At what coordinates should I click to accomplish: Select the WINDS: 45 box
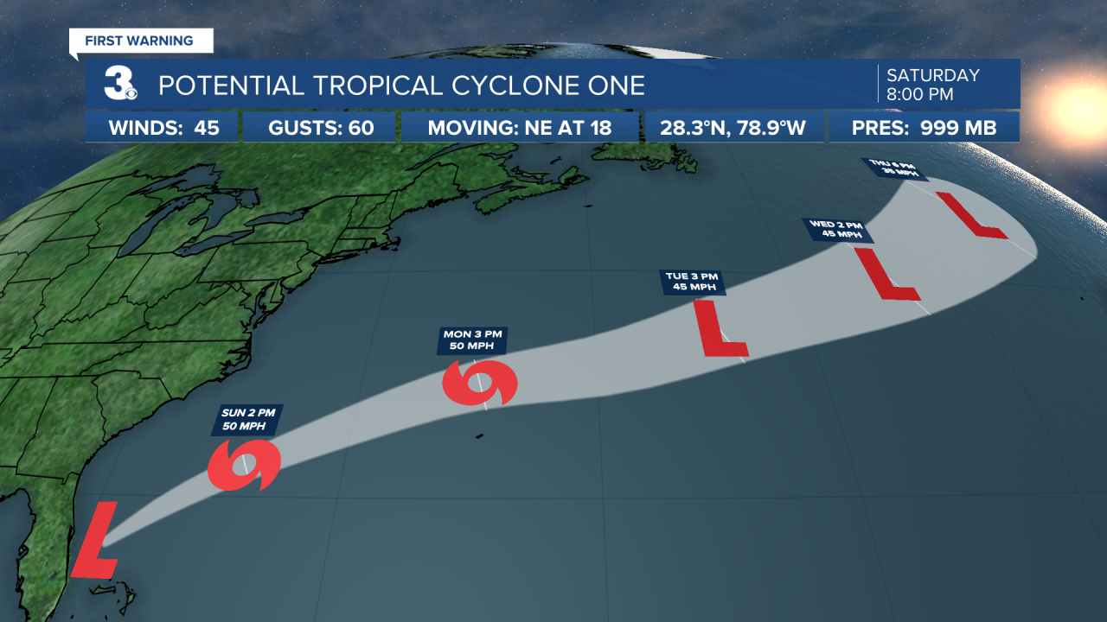pyautogui.click(x=163, y=129)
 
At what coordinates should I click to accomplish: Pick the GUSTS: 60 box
pyautogui.click(x=321, y=129)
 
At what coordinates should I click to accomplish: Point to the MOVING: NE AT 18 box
pyautogui.click(x=520, y=129)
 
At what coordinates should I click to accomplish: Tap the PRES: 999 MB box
pyautogui.click(x=924, y=129)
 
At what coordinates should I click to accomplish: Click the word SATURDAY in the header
pyautogui.click(x=933, y=76)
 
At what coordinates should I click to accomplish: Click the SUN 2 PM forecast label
pyautogui.click(x=248, y=421)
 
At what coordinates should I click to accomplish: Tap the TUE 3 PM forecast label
pyautogui.click(x=692, y=282)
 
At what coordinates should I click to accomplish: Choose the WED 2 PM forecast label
pyautogui.click(x=836, y=230)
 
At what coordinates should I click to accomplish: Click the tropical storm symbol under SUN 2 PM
pyautogui.click(x=245, y=465)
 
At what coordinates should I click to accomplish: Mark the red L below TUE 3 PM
pyautogui.click(x=720, y=329)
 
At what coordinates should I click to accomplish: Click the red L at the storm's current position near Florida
pyautogui.click(x=94, y=542)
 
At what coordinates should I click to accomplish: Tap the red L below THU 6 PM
pyautogui.click(x=971, y=216)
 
